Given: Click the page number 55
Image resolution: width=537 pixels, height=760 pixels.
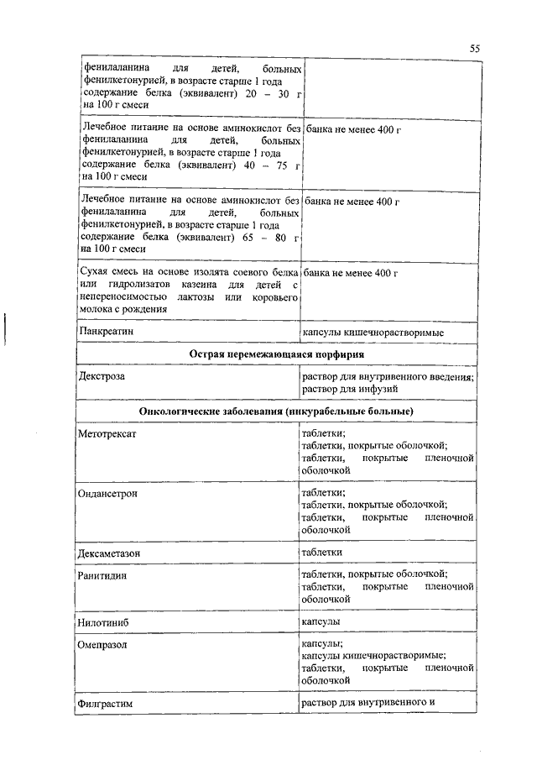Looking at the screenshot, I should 475,49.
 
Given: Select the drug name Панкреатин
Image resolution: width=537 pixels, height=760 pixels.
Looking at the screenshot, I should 106,333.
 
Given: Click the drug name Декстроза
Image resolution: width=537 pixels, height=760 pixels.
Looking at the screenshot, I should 102,377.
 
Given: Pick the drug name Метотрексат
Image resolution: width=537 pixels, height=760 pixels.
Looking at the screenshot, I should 107,434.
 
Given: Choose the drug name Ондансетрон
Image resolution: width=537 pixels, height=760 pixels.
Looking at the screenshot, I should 109,493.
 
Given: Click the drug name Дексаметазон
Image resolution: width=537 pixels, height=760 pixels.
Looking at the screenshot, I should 111,552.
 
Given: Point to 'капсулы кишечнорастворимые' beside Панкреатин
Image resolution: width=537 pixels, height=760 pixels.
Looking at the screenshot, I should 373,333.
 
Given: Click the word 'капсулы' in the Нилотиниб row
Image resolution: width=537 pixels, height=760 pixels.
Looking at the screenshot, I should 321,621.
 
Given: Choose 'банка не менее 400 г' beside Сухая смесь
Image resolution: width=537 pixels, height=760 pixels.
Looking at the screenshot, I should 350,274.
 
